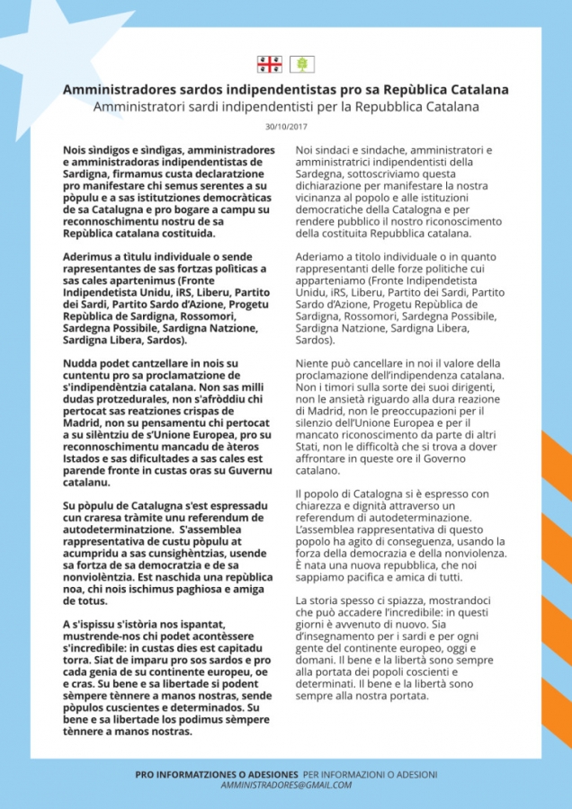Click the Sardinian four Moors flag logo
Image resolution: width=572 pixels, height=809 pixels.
point(269,64)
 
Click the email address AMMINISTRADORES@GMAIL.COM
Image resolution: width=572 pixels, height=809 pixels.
point(286,785)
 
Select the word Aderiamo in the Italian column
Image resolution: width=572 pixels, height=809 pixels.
point(321,256)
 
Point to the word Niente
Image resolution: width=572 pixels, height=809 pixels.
point(313,363)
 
